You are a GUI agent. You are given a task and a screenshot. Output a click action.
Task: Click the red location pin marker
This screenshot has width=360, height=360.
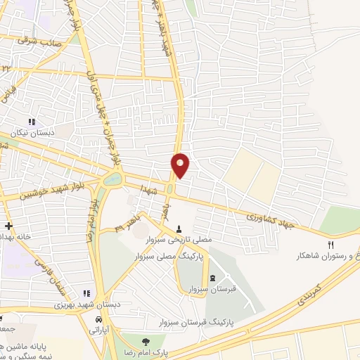point(180,165)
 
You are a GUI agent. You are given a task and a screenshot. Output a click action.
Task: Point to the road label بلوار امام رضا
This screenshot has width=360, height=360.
point(91,220)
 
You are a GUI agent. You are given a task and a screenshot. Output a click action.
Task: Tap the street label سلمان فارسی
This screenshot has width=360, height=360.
point(54,278)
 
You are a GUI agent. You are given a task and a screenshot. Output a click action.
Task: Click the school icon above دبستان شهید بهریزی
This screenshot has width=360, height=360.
point(86,293)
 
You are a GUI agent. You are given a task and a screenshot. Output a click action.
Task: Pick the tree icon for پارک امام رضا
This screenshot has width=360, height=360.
point(145,339)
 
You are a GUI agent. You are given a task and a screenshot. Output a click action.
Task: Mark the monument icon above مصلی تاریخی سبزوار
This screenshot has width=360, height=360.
point(180,229)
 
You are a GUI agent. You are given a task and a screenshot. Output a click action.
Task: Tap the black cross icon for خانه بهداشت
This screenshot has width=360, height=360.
point(7,226)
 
